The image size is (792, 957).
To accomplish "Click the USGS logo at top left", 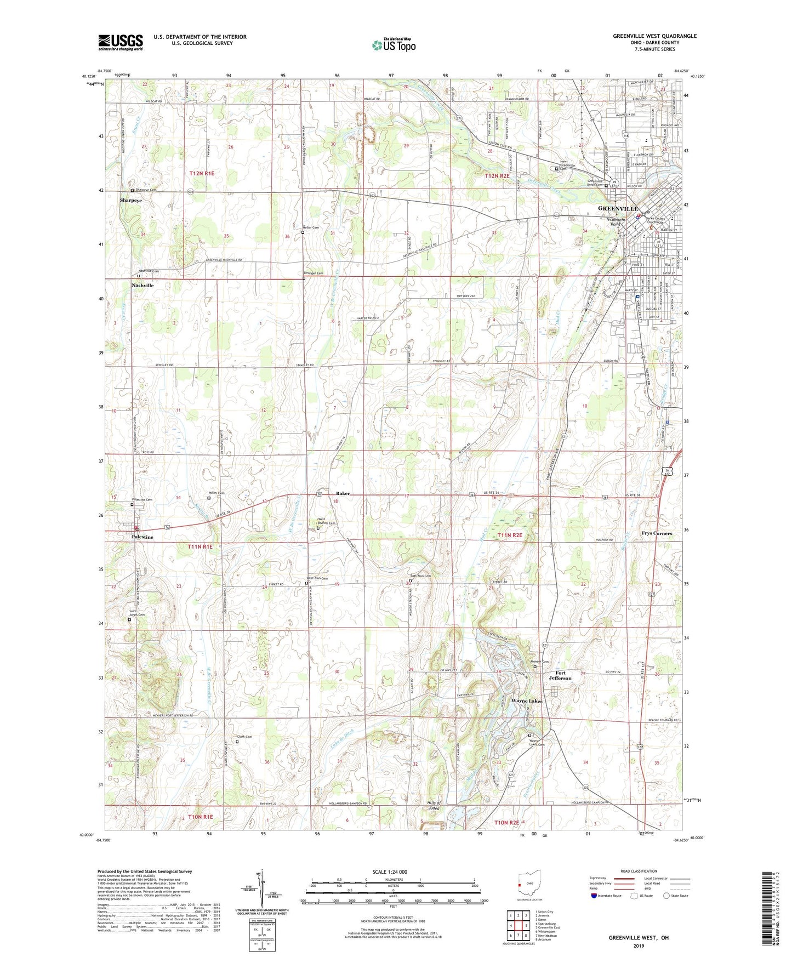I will [121, 42].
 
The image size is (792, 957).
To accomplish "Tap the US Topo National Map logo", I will [393, 44].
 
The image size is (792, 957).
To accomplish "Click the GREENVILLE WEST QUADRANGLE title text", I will [654, 36].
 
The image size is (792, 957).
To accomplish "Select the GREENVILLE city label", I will [618, 209].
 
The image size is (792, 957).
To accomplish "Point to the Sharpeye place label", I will [131, 201].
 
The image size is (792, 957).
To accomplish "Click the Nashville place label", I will [143, 286].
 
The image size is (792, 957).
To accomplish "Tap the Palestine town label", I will [143, 537].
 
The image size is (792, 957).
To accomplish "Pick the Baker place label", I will [343, 493].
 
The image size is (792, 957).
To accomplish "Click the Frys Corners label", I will [657, 533].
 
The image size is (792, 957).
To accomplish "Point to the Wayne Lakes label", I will [527, 701].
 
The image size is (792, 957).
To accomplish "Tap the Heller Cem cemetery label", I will [311, 227].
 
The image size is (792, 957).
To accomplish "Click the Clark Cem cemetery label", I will [244, 737].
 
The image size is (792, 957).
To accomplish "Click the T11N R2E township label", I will [510, 535].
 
